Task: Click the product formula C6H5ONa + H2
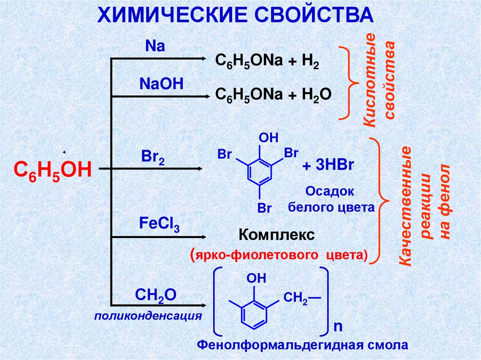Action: [267, 62]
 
